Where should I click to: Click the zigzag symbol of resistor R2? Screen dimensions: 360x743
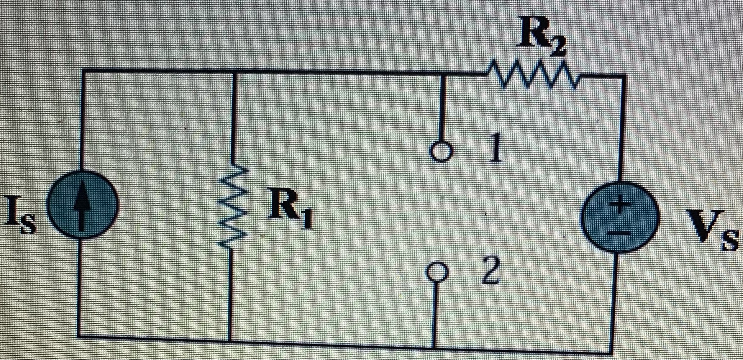tap(533, 75)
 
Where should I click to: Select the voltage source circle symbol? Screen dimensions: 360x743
tap(620, 217)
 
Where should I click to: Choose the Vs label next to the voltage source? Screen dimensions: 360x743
tap(711, 230)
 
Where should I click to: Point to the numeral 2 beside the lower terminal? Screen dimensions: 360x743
tap(491, 271)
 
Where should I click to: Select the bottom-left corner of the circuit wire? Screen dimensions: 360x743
tap(78, 335)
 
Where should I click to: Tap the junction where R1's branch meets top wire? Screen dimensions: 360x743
tap(234, 72)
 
